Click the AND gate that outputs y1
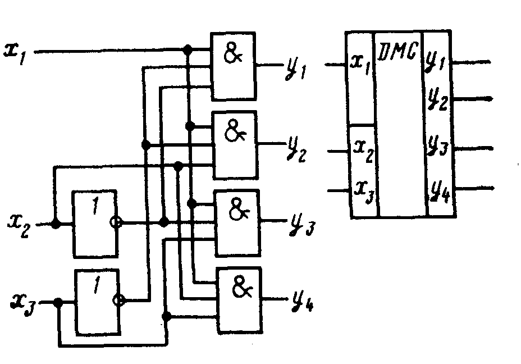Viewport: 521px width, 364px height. (233, 66)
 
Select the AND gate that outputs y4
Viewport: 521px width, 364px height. (240, 300)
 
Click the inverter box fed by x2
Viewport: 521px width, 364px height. (94, 224)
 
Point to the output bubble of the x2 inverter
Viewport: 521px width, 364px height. (116, 223)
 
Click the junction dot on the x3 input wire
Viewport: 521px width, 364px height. (58, 302)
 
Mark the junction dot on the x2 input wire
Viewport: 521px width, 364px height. (55, 224)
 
